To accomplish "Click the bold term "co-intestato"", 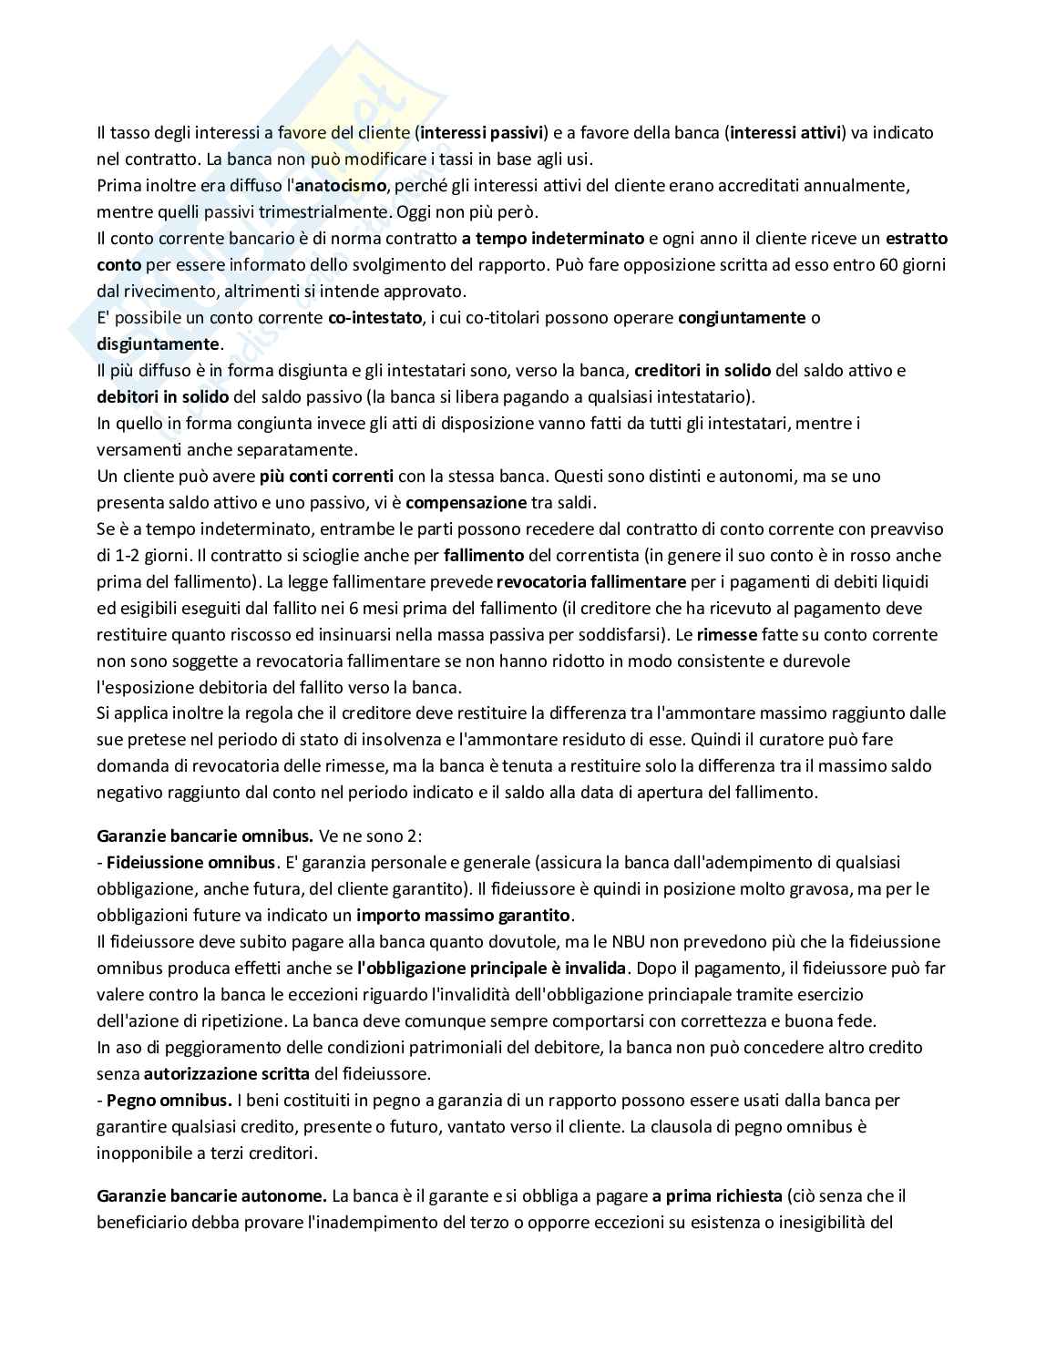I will (x=374, y=318).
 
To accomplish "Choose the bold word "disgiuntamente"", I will (x=159, y=344).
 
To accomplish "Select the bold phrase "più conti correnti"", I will (x=326, y=476).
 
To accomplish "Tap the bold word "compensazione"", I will (x=466, y=502).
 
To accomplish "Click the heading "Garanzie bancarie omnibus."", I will (x=205, y=835).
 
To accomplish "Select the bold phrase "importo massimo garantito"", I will (x=463, y=915).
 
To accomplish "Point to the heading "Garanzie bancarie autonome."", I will (x=211, y=1195).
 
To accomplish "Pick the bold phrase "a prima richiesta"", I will (x=716, y=1195).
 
